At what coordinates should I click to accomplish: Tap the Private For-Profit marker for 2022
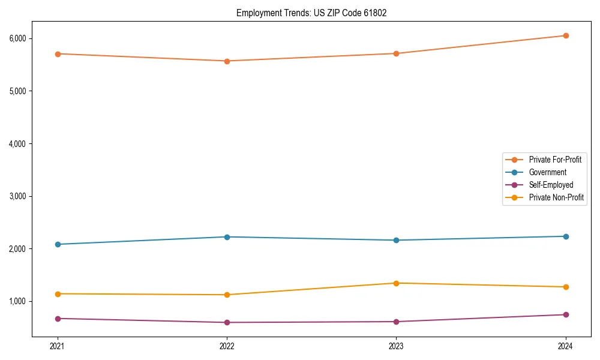[227, 61]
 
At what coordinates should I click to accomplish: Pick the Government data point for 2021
[58, 244]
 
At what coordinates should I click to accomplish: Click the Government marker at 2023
[396, 240]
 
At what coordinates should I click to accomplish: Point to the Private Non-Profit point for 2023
[396, 283]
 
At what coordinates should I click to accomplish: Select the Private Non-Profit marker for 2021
[58, 293]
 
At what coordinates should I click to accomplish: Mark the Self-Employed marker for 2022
[227, 322]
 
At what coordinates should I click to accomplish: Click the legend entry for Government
[547, 172]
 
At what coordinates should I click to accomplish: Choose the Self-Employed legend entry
[551, 185]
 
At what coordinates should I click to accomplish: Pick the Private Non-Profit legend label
[556, 197]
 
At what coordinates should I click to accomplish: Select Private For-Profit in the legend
[555, 160]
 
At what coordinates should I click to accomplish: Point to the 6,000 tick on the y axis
[17, 38]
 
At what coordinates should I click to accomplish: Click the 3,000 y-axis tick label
[17, 196]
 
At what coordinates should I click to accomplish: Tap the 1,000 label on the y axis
[17, 301]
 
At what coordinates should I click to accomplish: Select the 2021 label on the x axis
[58, 346]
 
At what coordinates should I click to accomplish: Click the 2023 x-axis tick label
[396, 346]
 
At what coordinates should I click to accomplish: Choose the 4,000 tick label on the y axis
[17, 143]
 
